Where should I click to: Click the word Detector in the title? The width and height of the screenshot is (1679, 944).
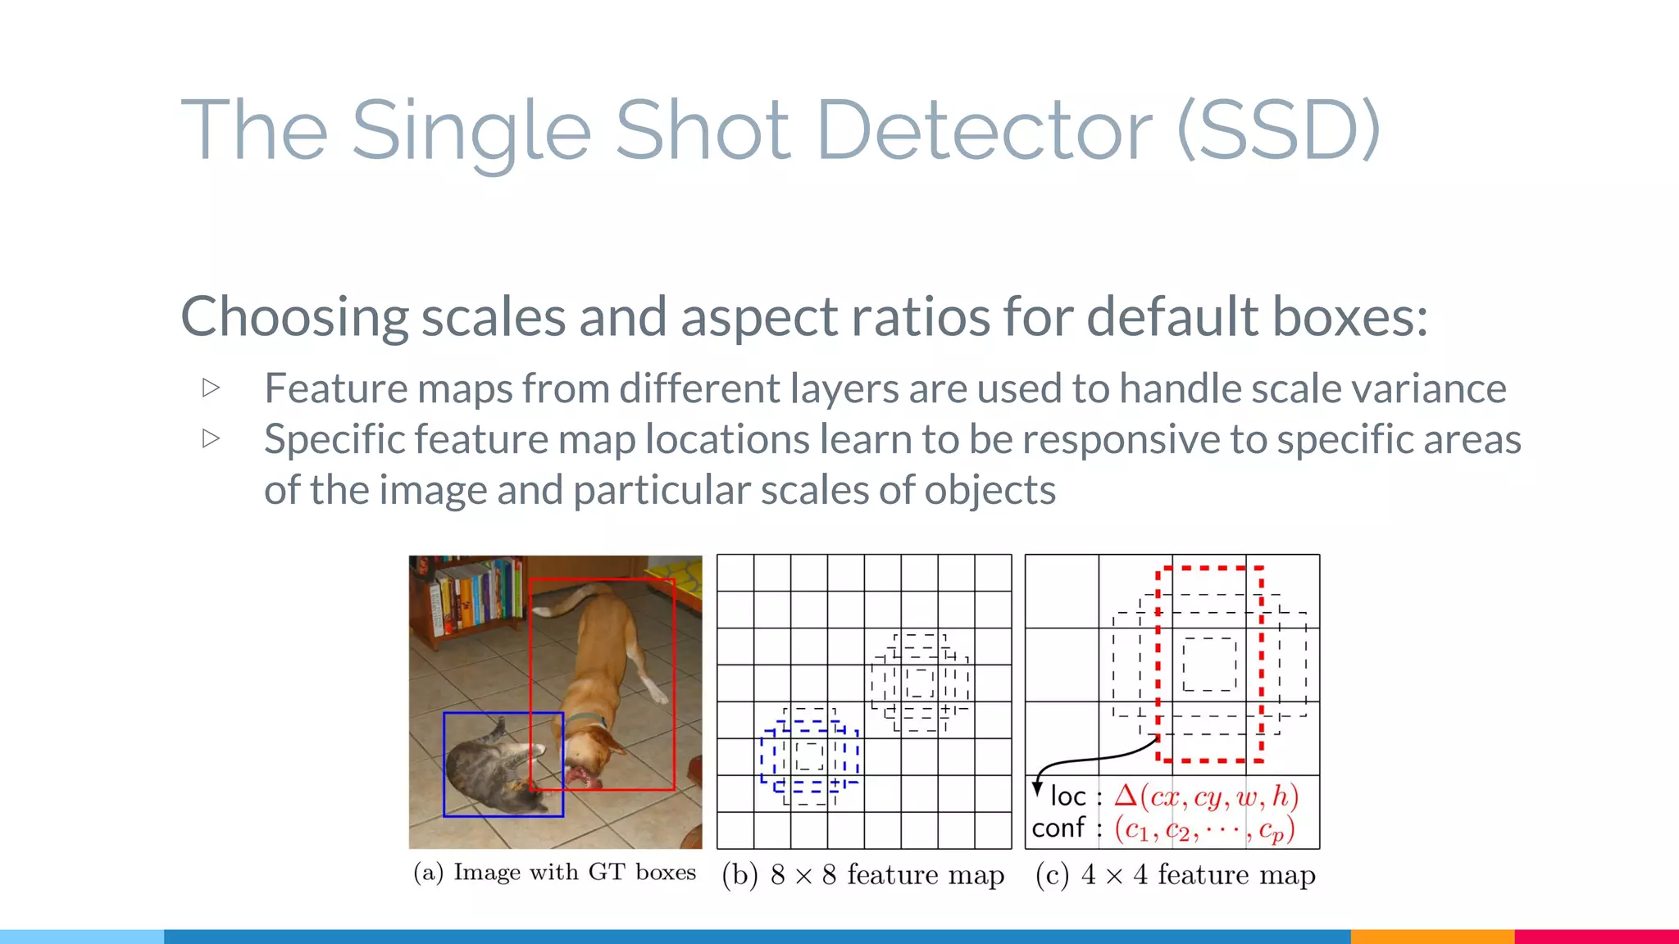(x=984, y=129)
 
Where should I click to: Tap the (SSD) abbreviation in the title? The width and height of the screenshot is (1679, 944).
(x=1279, y=129)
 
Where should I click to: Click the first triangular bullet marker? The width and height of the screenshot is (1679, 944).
(x=212, y=388)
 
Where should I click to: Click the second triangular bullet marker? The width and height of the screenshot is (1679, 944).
(x=212, y=438)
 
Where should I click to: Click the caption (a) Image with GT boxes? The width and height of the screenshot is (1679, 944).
(x=555, y=873)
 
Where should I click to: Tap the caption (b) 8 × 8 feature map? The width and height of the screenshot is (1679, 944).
(x=863, y=874)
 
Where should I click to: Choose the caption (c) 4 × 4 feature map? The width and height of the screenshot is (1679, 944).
(x=1175, y=874)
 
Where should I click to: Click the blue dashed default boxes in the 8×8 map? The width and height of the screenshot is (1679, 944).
(x=809, y=755)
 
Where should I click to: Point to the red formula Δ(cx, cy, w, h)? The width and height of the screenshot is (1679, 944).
(x=1206, y=796)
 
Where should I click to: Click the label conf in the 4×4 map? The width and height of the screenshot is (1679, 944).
(x=1058, y=828)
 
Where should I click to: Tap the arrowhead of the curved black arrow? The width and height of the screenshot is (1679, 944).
(x=1038, y=790)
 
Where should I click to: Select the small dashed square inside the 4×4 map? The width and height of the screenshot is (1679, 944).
(x=1209, y=665)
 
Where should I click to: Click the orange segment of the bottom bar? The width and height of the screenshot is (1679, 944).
(x=1431, y=936)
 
